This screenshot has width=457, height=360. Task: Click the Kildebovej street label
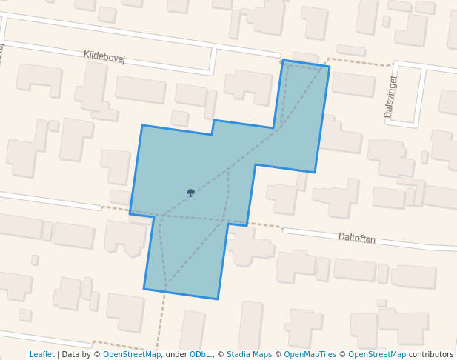point(104,56)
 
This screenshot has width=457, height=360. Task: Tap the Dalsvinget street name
point(390,96)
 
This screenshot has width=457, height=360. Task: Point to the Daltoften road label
point(357,238)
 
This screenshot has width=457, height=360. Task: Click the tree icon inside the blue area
point(190,193)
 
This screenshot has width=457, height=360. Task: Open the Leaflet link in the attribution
point(42,355)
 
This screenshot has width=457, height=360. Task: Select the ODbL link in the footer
point(200,355)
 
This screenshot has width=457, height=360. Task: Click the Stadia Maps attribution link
point(249,355)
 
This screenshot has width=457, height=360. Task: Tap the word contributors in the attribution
point(431,355)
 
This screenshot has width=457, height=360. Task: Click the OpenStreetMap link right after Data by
point(132,355)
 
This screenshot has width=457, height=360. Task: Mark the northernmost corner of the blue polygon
point(283,61)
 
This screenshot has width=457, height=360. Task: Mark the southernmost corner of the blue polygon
point(217,299)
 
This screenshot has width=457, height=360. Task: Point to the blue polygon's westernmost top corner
point(142,126)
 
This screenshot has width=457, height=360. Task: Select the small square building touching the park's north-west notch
point(179,118)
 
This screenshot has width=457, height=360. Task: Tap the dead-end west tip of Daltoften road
point(286,231)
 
